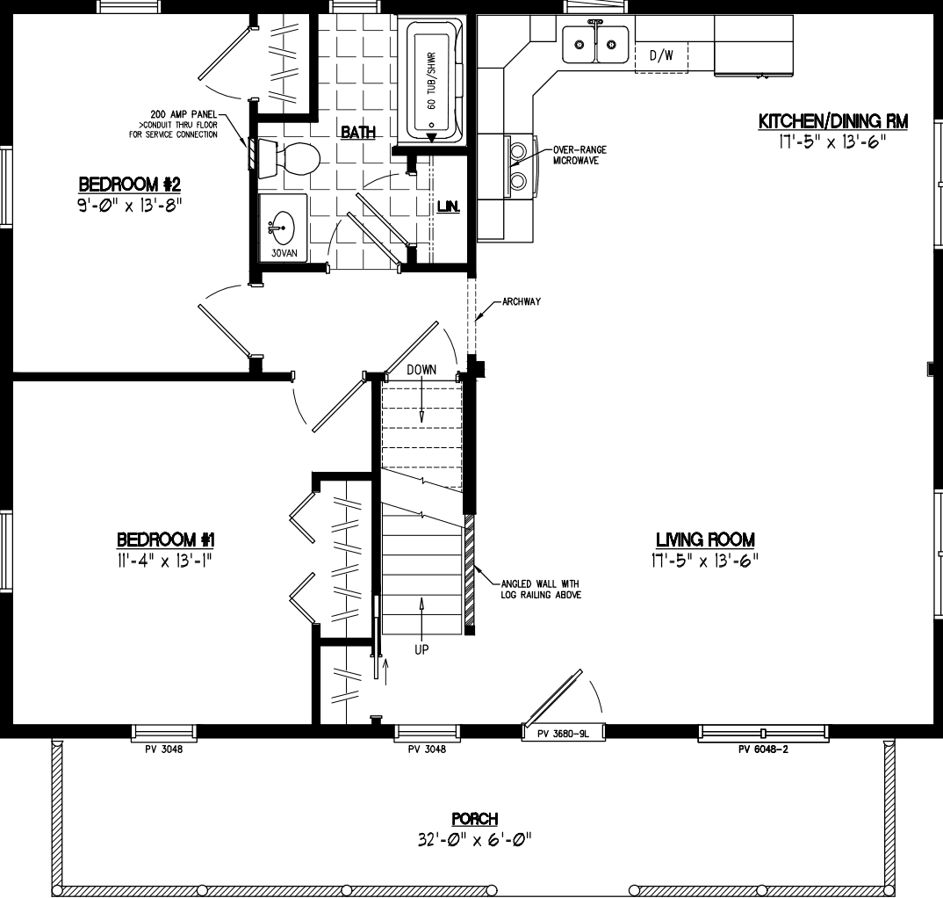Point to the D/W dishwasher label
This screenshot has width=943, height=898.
coord(660,56)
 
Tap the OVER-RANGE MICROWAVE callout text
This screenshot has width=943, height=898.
coord(579,156)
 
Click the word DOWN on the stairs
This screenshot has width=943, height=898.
coord(421,370)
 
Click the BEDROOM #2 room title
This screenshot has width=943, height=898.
coord(129,185)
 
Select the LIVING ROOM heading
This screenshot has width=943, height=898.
coord(704,540)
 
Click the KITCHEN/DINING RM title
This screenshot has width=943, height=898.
coord(832,121)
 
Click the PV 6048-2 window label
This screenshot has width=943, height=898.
coord(763,750)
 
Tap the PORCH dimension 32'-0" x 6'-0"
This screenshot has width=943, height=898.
coord(475,840)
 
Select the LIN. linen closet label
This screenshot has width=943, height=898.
coord(449,207)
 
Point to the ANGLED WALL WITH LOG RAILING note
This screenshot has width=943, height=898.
coord(540,589)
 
